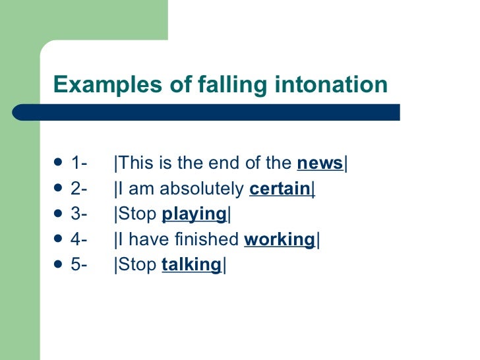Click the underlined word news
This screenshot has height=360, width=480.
(320, 164)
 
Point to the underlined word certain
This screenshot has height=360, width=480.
(280, 189)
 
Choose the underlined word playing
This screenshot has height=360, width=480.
(194, 214)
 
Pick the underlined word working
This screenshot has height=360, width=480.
(279, 240)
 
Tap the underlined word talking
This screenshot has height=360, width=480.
(191, 265)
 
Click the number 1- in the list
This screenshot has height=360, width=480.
(80, 164)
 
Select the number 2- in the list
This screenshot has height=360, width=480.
(80, 189)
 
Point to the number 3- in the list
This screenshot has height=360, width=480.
(80, 214)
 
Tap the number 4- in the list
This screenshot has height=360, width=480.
(80, 240)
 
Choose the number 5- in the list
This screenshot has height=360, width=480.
(80, 265)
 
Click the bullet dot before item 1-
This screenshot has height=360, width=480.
(58, 163)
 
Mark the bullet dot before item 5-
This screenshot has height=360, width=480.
(58, 264)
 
